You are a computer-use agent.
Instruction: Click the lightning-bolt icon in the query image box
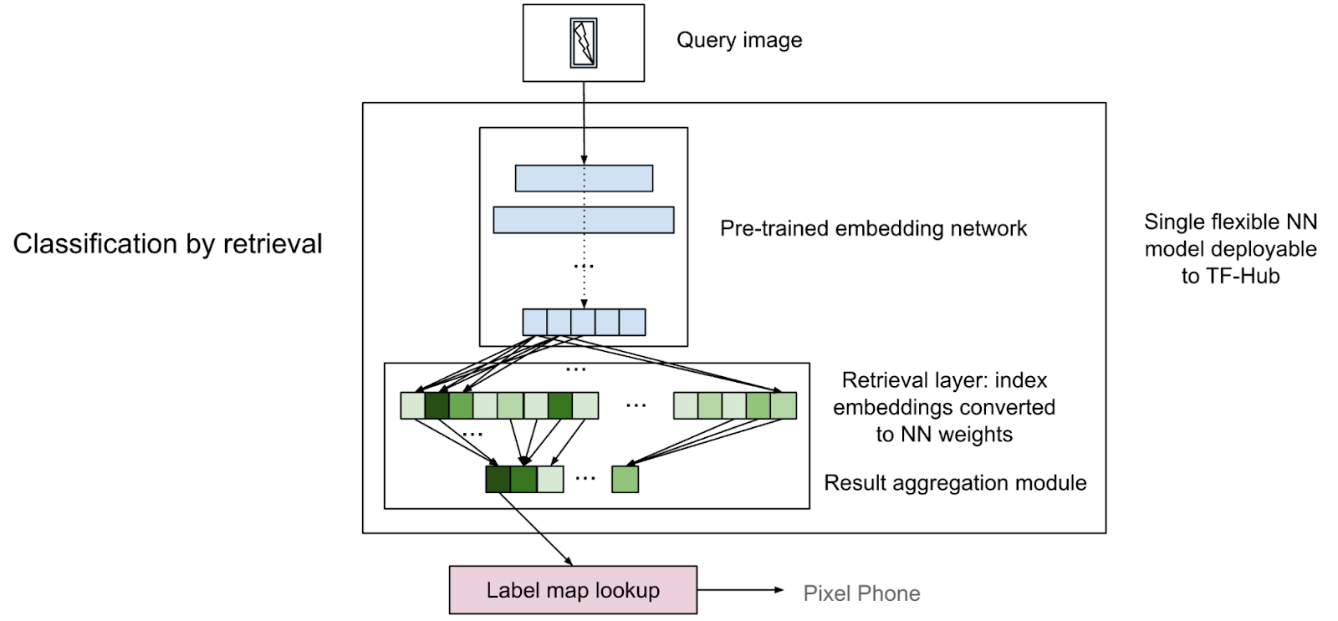584,43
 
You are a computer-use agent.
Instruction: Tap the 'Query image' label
739,40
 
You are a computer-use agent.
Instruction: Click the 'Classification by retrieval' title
167,243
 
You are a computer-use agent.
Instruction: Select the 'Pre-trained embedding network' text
873,228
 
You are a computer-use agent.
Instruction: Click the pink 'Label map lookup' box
573,590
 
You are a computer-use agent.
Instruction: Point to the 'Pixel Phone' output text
861,593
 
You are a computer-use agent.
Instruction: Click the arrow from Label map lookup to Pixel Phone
739,590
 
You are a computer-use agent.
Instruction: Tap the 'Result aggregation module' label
955,482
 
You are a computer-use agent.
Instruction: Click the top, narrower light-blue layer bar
584,178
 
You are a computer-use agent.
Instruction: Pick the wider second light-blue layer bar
584,220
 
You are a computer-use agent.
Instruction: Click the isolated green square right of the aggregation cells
625,479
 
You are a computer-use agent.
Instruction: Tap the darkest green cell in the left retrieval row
437,405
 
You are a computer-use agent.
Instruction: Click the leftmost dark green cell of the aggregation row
498,479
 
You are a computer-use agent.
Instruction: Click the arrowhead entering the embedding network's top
584,160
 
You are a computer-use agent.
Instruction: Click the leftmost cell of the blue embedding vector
534,322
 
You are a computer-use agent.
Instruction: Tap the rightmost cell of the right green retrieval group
784,405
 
